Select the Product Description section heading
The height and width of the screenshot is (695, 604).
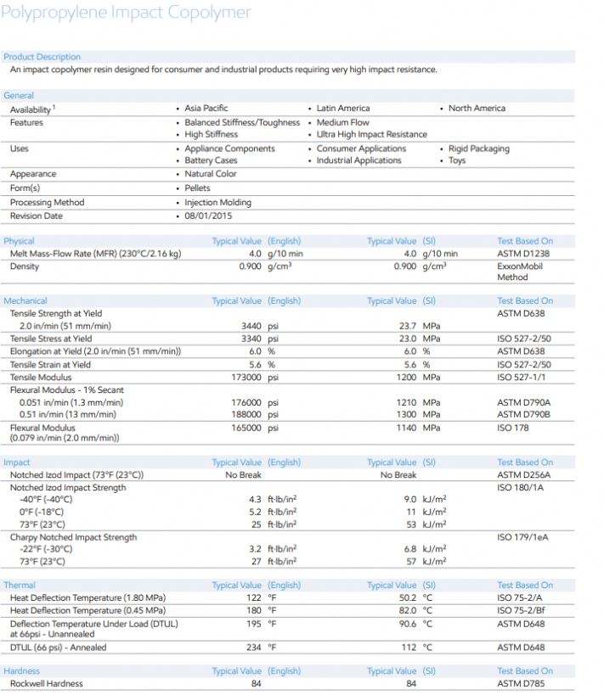point(42,57)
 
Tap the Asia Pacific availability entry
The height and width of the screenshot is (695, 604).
point(206,109)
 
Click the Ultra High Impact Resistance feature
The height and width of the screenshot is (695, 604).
point(372,134)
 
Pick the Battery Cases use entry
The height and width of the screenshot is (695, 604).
point(211,160)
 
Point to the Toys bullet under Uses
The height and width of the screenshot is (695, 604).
point(457,160)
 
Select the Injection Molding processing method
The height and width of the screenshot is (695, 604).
point(217,203)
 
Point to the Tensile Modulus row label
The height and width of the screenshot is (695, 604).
point(41,377)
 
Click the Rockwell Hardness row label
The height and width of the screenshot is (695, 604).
point(46,683)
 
